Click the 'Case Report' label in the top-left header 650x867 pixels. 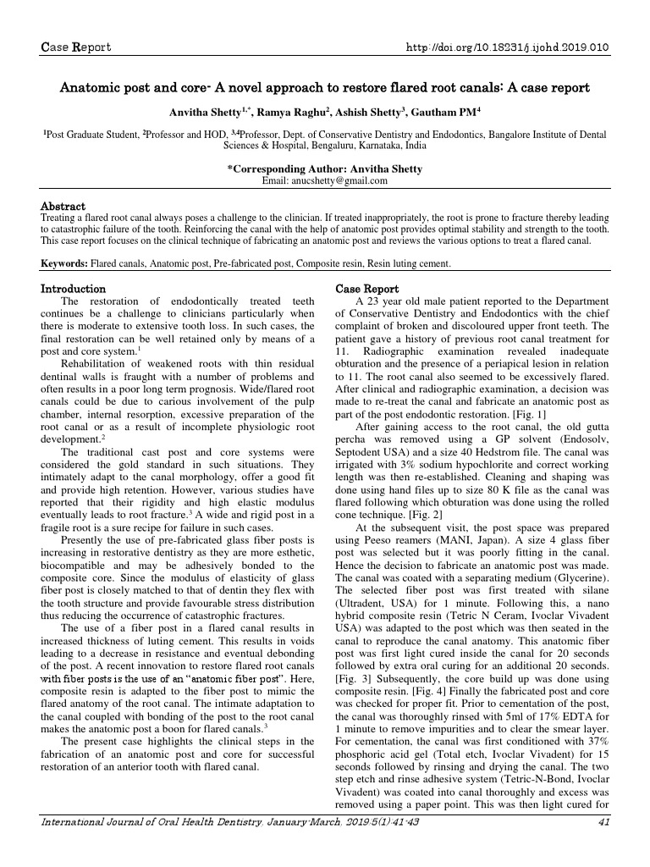pos(76,47)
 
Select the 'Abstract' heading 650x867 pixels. pos(63,206)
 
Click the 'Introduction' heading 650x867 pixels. pos(74,289)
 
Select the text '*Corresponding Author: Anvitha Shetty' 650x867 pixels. pos(325,168)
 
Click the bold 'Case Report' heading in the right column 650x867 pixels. pos(368,289)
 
